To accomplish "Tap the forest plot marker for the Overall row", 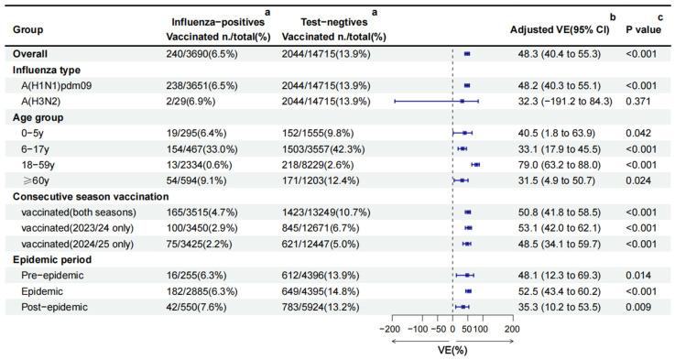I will click(x=467, y=54).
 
